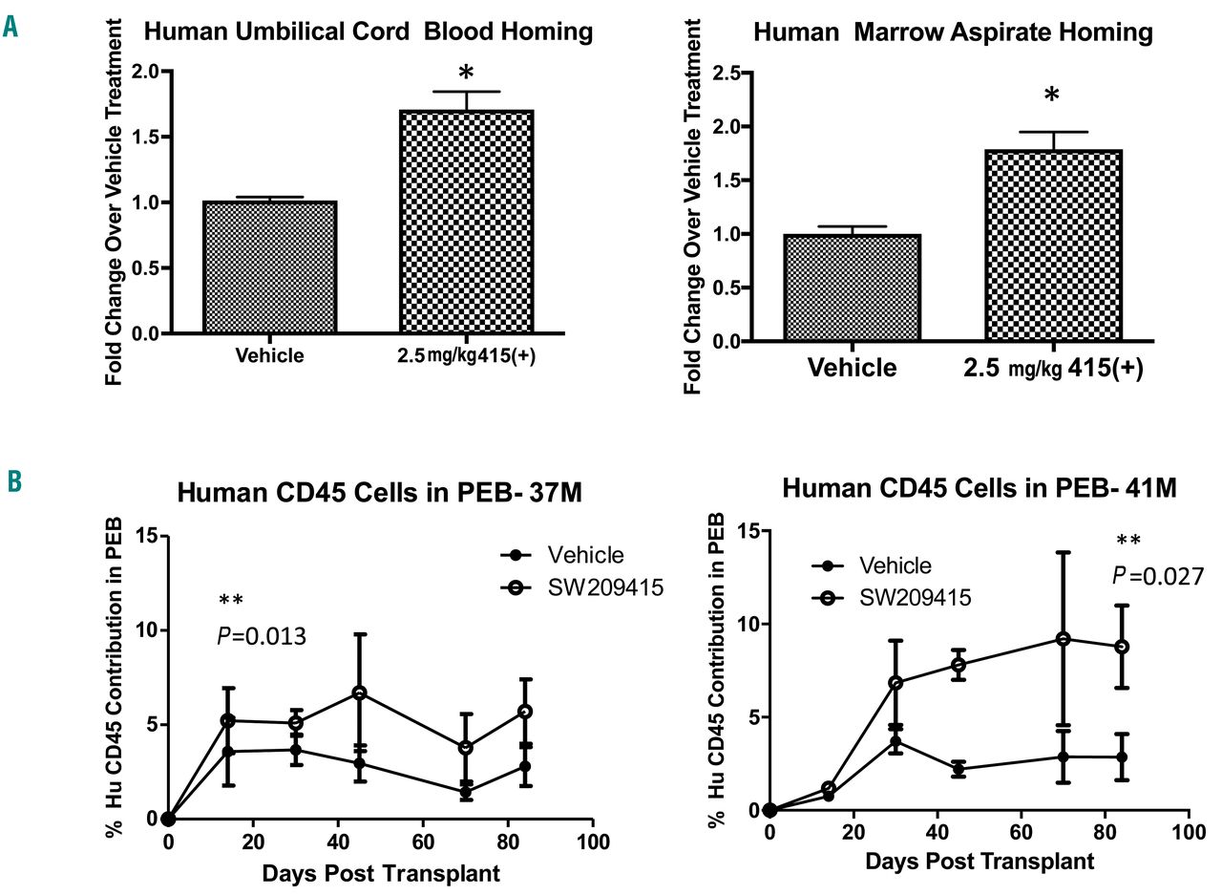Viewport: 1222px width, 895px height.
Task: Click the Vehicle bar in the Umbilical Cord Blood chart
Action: [269, 267]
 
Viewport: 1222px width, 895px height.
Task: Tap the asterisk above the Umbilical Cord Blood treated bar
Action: [466, 74]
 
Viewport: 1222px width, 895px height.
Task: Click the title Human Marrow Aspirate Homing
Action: [953, 32]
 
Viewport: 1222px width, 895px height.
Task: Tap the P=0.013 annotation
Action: [263, 635]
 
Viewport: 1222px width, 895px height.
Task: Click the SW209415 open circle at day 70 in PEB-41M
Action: [1063, 638]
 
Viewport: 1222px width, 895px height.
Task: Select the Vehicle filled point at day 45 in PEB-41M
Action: [958, 769]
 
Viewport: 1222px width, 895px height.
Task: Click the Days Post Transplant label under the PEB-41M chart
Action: [980, 861]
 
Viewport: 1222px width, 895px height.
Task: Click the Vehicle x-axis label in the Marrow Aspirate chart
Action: [852, 368]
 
